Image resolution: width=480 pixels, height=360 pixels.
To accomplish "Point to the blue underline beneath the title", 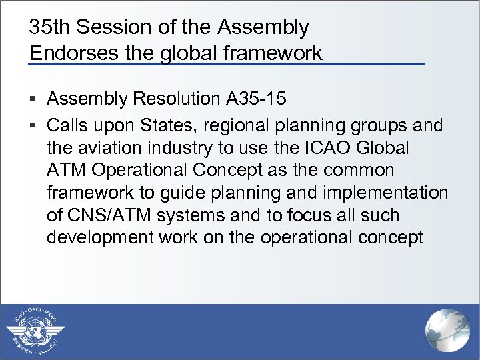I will [x=227, y=64].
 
